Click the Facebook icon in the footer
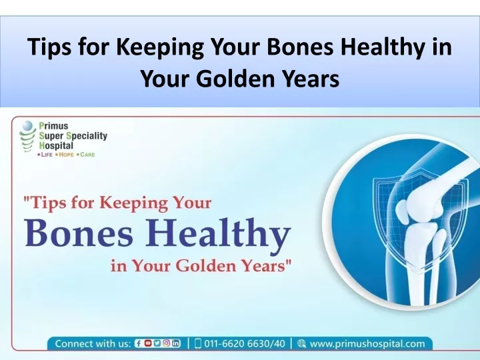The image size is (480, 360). [139, 343]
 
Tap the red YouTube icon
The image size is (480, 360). [148, 343]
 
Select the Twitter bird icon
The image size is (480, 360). [157, 343]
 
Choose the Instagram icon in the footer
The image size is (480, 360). [167, 343]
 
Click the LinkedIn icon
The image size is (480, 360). [176, 343]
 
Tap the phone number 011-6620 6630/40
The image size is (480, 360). [244, 343]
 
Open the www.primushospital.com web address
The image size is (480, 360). [367, 344]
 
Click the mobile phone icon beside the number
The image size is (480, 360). [198, 343]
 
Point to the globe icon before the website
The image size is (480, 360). [301, 344]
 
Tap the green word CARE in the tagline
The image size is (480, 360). [87, 155]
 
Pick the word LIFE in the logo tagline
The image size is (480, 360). [47, 155]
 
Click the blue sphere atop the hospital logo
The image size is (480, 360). [27, 125]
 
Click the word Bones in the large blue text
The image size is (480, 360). [79, 233]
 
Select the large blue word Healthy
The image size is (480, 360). [217, 234]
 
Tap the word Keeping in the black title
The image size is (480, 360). [159, 47]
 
